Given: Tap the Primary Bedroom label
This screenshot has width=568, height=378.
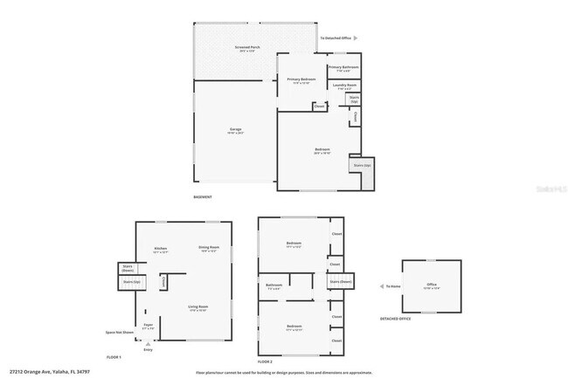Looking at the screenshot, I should coord(301,80).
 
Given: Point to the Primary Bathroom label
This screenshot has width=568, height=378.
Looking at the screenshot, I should coord(343,67).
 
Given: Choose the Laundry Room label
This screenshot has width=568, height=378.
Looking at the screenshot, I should coord(343,86).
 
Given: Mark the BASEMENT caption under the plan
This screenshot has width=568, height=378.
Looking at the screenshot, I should coord(203,197).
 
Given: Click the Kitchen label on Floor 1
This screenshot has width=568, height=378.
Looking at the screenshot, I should coord(161,249).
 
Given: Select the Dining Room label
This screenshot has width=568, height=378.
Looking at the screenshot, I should coord(208,249).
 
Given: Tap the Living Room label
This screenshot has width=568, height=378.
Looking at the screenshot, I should coord(197,307).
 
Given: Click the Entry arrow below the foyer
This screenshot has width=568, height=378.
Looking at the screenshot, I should coord(148,344).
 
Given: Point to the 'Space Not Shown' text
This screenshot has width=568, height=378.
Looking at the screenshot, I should coord(120,333).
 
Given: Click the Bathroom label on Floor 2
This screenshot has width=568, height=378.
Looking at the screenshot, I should coord(274,285).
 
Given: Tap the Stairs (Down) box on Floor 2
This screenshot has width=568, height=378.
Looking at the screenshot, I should coord(341,281).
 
